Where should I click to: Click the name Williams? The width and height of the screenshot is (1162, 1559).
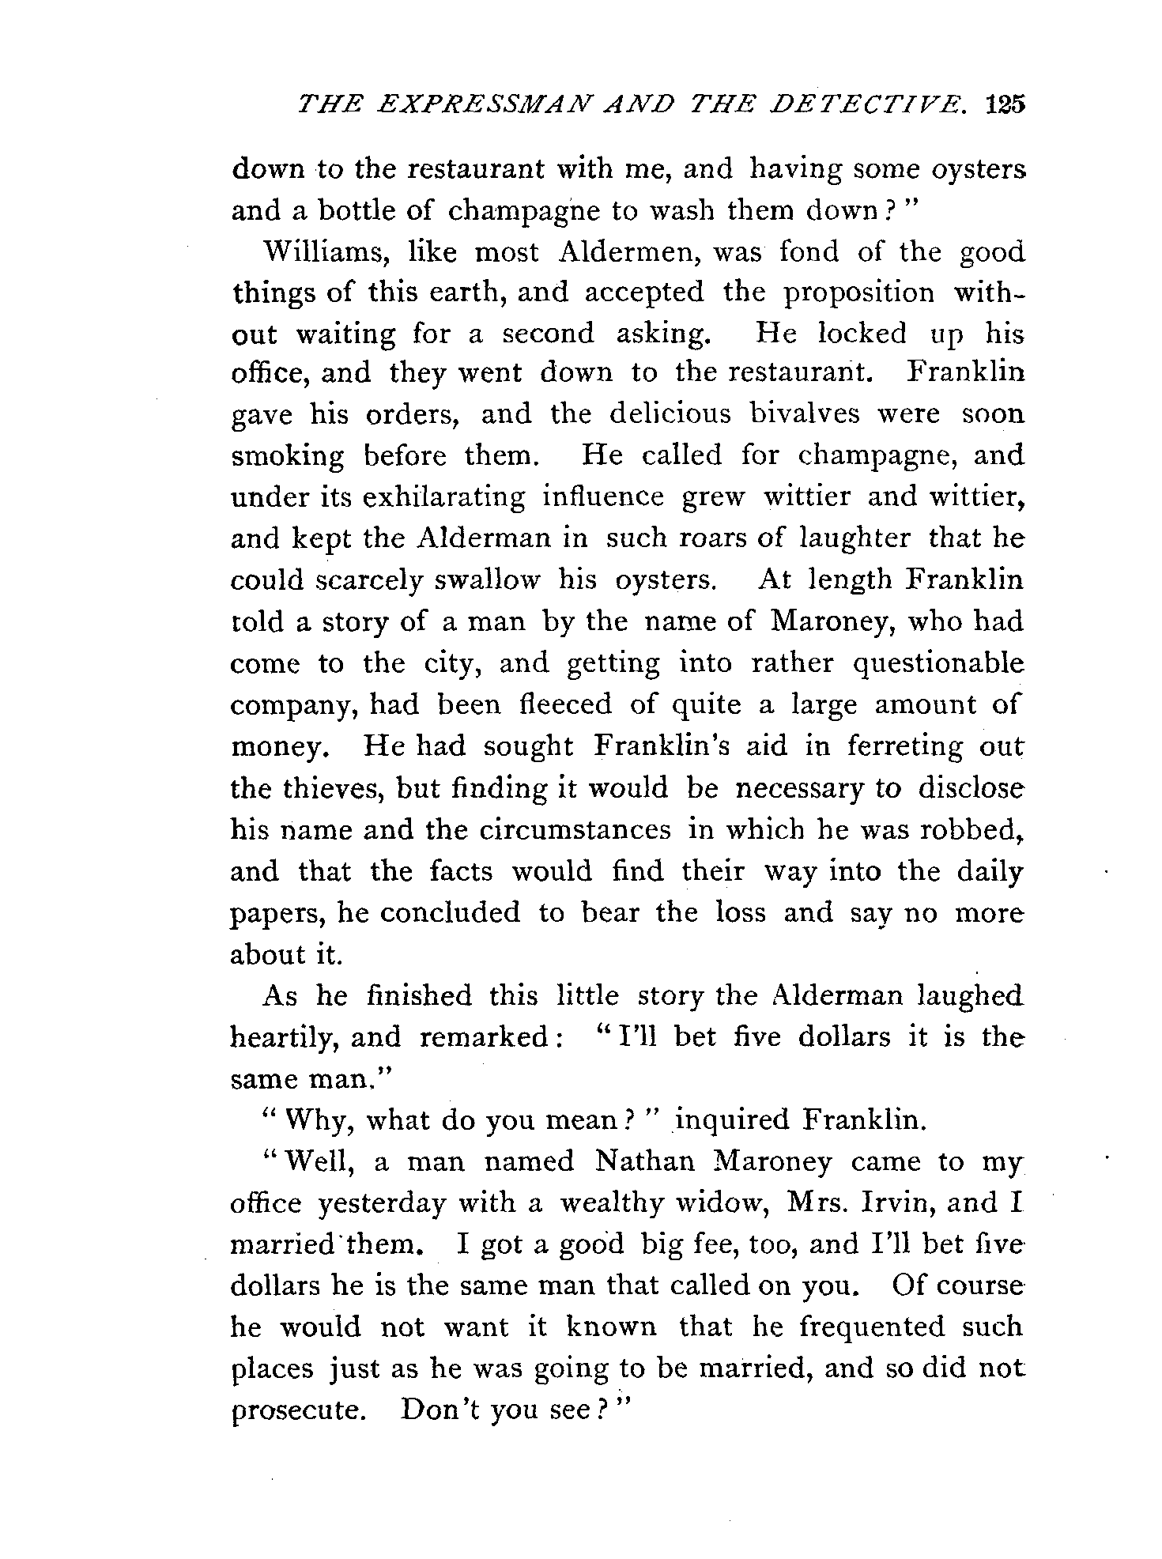315,252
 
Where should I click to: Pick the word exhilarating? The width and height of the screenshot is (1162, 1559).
443,497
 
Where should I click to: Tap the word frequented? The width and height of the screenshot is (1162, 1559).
872,1327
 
